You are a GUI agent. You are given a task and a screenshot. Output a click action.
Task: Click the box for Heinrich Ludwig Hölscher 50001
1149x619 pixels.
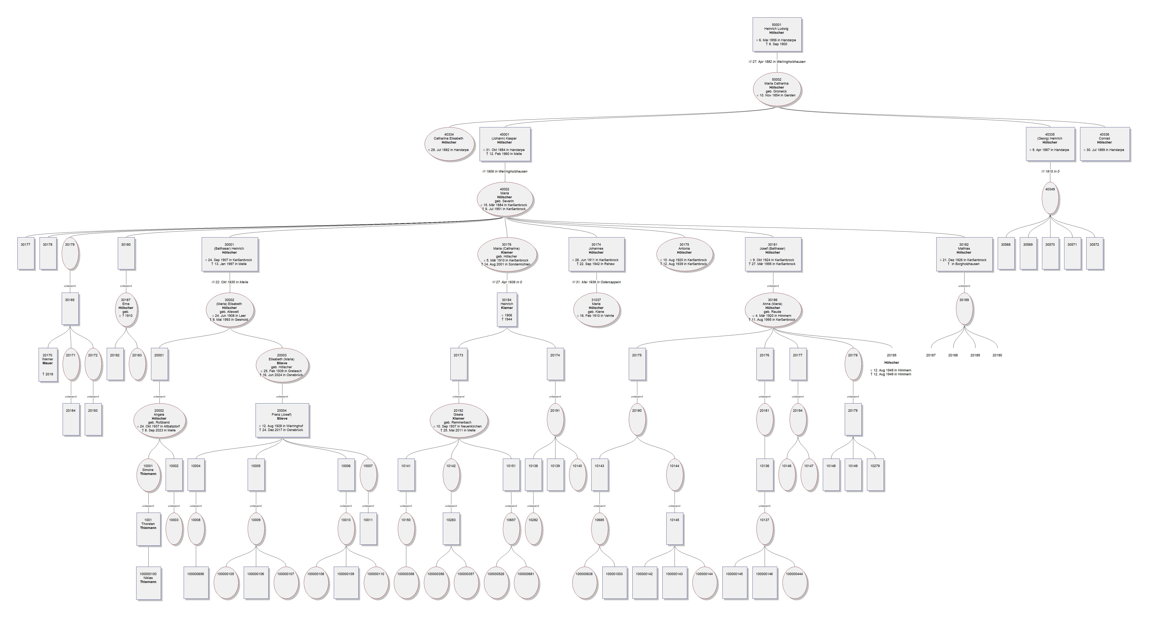777,34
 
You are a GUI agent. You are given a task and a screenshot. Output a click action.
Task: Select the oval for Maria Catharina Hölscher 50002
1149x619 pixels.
777,89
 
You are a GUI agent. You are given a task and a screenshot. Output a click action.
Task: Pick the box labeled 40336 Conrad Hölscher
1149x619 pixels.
1104,144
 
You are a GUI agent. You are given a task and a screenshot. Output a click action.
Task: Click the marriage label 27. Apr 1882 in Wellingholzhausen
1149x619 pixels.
777,62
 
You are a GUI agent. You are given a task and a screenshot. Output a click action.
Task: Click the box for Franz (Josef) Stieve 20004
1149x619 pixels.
282,420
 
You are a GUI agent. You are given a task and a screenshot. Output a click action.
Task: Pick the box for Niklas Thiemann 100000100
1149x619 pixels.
149,582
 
